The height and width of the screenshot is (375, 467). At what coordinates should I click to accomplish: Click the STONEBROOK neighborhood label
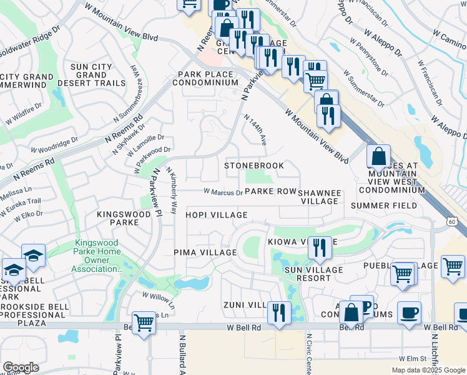[x=254, y=166]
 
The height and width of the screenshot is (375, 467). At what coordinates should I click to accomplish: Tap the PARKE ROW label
[x=270, y=192]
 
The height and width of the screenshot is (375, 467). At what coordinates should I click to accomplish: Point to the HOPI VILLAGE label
[x=216, y=215]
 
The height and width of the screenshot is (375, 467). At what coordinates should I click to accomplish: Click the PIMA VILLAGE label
[x=205, y=252]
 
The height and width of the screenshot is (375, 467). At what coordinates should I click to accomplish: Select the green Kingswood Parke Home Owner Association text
[x=98, y=256]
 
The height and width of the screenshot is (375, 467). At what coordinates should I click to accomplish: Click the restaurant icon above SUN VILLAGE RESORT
[x=320, y=247]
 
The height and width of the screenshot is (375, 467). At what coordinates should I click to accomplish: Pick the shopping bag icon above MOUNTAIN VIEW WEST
[x=378, y=156]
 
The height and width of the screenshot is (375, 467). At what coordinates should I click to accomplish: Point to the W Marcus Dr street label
[x=223, y=192]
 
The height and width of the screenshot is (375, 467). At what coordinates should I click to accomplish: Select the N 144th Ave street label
[x=255, y=130]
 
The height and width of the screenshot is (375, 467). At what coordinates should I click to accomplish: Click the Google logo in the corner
[x=21, y=367]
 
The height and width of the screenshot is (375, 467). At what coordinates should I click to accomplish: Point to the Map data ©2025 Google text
[x=428, y=370]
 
